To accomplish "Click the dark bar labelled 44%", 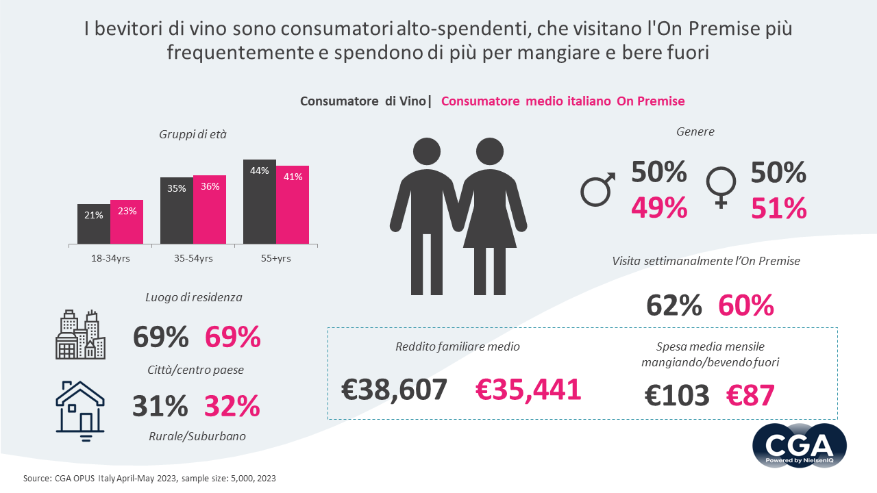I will [x=260, y=201].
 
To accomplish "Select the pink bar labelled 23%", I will [x=127, y=222].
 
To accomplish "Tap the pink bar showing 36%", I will [x=210, y=210].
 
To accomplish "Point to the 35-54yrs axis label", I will [x=193, y=258].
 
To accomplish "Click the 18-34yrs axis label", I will [x=110, y=258].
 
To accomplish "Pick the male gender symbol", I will [x=597, y=189].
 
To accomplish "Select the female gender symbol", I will [x=721, y=187].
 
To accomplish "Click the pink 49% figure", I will [x=658, y=208].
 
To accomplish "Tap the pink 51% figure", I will [x=779, y=208].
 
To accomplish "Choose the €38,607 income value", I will [x=395, y=390].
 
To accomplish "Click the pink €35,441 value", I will [x=528, y=390].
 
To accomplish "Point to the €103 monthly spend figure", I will [x=678, y=395].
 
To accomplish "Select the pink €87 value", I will [x=750, y=395].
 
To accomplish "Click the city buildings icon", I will [x=80, y=335].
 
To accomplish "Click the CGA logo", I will [x=800, y=446].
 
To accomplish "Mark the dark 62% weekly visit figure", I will [x=674, y=305].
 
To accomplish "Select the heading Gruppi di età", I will [x=193, y=135].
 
